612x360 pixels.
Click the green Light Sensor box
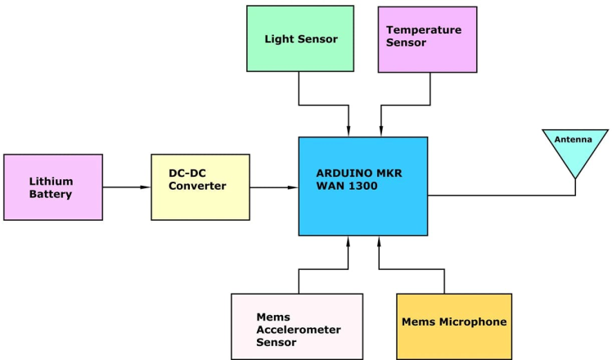(300, 38)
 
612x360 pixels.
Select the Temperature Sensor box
(426, 38)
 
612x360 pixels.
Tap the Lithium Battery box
(53, 187)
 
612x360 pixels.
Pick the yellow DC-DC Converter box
(200, 187)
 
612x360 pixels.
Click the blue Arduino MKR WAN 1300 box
(362, 186)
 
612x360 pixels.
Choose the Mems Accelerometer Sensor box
(296, 326)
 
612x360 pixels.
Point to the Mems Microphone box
(454, 326)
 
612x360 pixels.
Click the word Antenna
(576, 139)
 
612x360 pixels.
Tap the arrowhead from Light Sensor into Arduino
(349, 131)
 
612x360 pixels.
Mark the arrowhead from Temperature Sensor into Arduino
(380, 131)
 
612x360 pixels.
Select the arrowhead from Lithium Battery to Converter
(145, 187)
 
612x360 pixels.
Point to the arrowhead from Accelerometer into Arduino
(349, 241)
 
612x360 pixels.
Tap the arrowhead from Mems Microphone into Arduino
(379, 241)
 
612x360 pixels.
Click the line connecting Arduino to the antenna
(499, 196)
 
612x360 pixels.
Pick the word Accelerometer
(299, 329)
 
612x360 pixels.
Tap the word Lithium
(52, 181)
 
